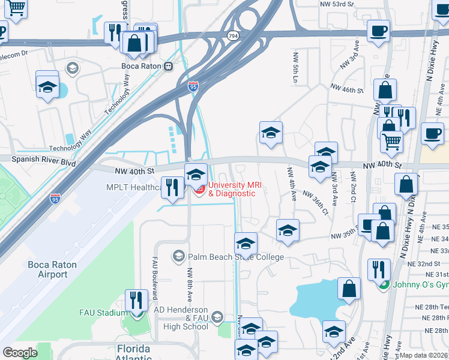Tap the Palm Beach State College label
[235, 257]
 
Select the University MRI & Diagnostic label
[232, 189]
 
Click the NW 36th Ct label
[316, 203]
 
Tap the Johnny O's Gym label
[420, 284]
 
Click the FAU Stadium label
[103, 313]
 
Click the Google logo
[20, 353]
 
